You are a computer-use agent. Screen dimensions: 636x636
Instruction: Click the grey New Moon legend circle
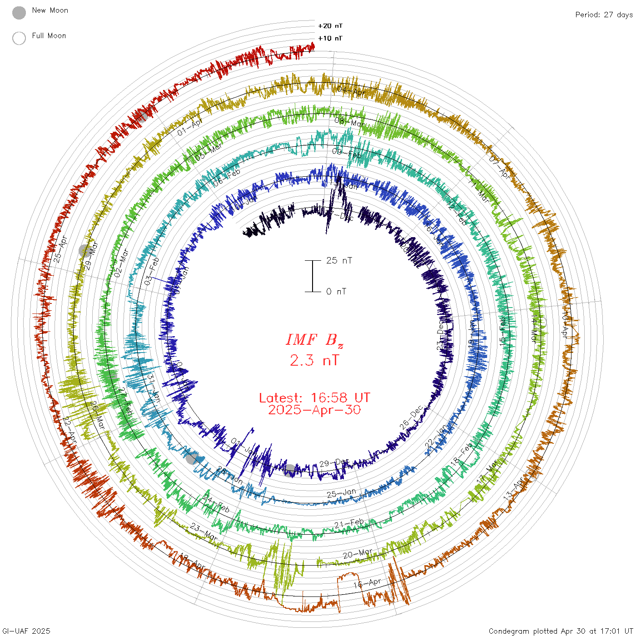coord(19,13)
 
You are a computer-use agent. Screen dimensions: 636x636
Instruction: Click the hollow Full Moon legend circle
coord(19,38)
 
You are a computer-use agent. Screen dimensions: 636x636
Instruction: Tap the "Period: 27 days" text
coord(604,15)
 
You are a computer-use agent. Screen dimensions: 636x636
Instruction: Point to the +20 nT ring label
coord(330,26)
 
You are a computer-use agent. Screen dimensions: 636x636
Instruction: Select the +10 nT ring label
coord(330,38)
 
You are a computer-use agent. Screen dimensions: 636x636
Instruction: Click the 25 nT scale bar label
coord(339,260)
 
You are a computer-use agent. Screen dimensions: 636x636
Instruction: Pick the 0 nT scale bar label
coord(336,291)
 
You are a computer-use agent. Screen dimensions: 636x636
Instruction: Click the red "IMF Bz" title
coord(314,340)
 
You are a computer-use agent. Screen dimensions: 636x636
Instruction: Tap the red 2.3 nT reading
coord(314,360)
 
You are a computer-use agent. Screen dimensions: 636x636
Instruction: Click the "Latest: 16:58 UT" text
coord(314,398)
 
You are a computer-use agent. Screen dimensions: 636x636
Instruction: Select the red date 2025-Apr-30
coord(314,410)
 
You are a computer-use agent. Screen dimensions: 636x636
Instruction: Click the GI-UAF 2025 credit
coord(26,631)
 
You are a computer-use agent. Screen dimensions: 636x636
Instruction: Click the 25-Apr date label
coord(60,248)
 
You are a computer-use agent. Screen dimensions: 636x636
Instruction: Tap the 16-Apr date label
coord(367,583)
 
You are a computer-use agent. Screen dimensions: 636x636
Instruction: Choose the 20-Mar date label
coord(358,554)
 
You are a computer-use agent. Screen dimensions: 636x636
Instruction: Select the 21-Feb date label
coord(349,524)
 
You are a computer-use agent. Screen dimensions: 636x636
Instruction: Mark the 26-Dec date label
coord(411,417)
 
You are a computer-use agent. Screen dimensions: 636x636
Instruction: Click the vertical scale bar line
coord(313,276)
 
